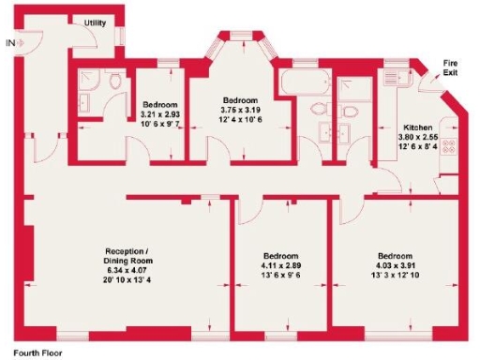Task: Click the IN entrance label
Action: point(9,42)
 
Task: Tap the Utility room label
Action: point(95,22)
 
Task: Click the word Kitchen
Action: point(417,126)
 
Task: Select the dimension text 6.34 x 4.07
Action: point(127,271)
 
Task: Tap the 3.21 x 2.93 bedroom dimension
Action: point(160,113)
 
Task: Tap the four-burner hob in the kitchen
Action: point(447,146)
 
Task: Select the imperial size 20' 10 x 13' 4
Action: point(127,280)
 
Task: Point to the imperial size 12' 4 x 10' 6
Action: point(241,117)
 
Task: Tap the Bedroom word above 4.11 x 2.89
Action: point(280,257)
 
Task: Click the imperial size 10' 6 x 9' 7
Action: point(160,124)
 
